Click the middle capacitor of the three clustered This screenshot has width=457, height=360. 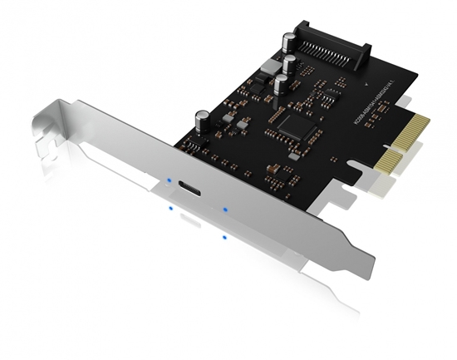click(x=289, y=65)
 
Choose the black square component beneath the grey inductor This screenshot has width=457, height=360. click(x=255, y=82)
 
